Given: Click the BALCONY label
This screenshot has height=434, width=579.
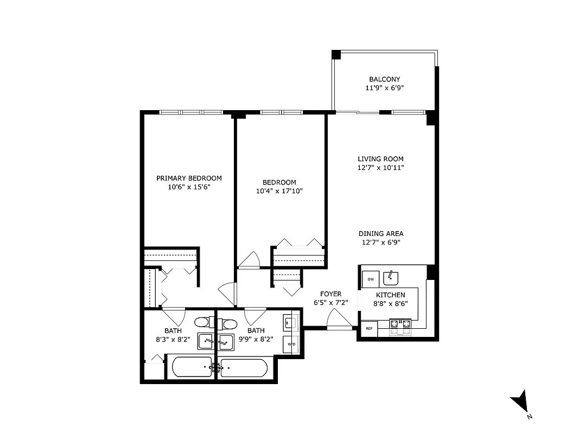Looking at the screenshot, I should [x=384, y=79].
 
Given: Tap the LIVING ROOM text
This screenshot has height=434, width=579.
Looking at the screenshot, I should [x=380, y=159].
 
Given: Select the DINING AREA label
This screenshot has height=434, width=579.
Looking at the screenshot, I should [x=380, y=234].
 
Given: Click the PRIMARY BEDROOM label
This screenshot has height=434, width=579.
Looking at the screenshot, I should [x=189, y=178].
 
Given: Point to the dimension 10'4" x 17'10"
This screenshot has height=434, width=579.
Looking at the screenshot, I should [x=279, y=191].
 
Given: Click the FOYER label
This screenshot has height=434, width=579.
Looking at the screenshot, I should [x=330, y=294].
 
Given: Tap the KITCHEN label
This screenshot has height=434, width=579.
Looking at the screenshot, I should [x=390, y=295].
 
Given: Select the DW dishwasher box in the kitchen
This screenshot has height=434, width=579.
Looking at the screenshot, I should [x=371, y=279].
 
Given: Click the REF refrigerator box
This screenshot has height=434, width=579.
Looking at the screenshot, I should [x=369, y=328].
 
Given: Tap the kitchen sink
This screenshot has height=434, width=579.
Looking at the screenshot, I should [x=391, y=278].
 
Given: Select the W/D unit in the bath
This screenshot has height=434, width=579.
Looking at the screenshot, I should [x=291, y=344].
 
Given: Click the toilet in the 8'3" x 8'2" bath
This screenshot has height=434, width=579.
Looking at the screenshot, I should [x=205, y=322].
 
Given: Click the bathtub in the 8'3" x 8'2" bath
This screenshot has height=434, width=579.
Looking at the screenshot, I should [x=192, y=367].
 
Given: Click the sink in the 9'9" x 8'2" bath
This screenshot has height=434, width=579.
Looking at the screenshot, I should [x=225, y=342].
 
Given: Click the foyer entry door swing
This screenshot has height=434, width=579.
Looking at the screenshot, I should [x=338, y=320].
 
